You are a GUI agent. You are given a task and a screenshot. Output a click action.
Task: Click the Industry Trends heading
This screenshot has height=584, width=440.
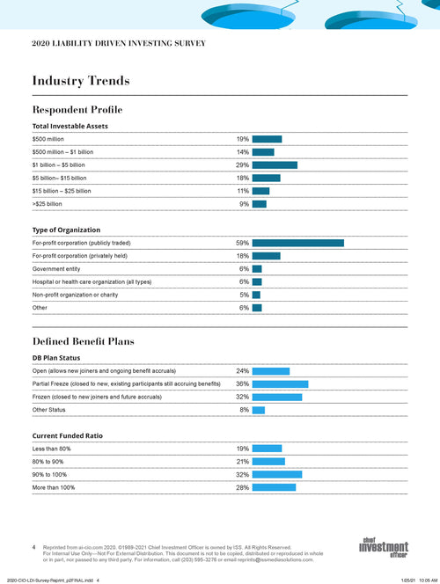point(81,81)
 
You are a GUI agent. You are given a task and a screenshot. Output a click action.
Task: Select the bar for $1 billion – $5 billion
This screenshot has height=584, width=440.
point(275,164)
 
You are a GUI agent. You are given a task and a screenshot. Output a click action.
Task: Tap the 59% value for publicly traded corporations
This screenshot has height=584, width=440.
point(243,243)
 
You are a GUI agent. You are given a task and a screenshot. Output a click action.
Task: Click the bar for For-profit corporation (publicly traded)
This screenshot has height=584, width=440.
point(297,243)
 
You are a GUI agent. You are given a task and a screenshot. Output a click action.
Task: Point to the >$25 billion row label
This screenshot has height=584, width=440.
point(48,204)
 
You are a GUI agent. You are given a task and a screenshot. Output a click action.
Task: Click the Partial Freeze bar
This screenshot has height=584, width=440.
point(280,384)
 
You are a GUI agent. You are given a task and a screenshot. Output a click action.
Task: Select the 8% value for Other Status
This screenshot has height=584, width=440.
point(245,410)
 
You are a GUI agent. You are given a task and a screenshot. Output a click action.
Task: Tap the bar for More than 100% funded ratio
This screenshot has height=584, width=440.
point(274,487)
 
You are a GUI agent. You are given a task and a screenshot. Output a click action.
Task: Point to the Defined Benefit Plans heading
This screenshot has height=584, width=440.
point(83,340)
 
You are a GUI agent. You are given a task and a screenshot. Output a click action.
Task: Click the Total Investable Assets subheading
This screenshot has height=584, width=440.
point(70,126)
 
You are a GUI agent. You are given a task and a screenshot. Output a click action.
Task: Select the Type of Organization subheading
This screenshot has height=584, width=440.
point(67,230)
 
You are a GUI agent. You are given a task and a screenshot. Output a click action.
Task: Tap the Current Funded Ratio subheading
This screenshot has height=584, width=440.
point(68,435)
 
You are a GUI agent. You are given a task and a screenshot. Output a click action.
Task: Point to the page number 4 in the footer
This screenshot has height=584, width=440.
point(33,547)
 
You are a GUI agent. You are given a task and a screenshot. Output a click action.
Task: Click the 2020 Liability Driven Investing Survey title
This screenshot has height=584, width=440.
point(118,42)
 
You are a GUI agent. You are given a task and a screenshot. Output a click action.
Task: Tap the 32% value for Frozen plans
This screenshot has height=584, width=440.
point(243,397)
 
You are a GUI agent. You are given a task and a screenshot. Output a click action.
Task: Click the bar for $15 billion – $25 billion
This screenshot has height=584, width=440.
point(261,191)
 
